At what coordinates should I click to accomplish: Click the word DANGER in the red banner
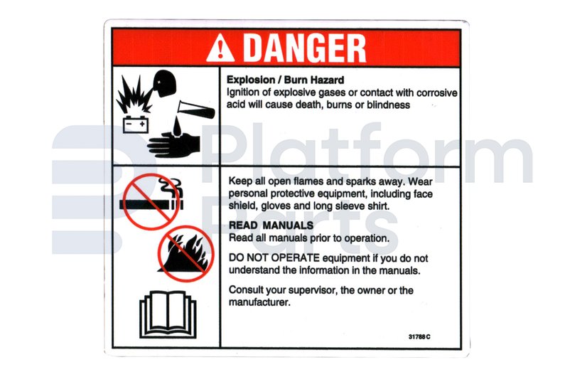click(304, 48)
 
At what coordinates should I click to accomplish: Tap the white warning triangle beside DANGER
click(220, 48)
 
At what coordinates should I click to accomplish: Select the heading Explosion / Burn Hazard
click(285, 80)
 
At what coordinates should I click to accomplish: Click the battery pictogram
click(136, 124)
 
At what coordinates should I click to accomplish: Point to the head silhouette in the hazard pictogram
click(164, 83)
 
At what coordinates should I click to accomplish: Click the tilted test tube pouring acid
click(196, 110)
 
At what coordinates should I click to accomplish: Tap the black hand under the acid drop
click(173, 145)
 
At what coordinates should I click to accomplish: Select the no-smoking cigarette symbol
click(152, 201)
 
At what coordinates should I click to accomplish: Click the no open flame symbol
click(185, 254)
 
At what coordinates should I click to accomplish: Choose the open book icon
click(168, 314)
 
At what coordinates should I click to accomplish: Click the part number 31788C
click(419, 337)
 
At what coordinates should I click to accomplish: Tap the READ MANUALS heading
click(271, 225)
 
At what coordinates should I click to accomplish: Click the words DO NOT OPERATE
click(274, 258)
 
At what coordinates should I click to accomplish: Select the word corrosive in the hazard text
click(437, 92)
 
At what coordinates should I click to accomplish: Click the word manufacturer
click(259, 302)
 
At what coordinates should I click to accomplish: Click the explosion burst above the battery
click(134, 95)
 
